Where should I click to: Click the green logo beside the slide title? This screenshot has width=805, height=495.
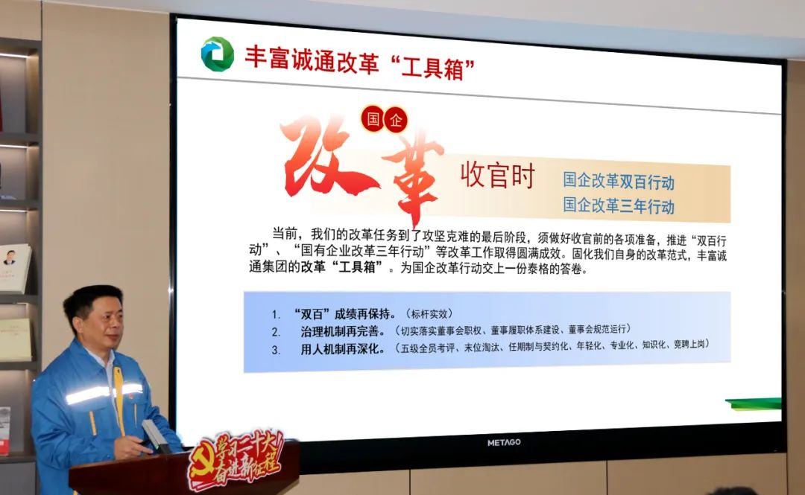pos(218,54)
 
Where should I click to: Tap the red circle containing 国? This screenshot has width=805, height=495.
pos(373,119)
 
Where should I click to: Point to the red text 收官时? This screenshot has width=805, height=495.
pos(497,175)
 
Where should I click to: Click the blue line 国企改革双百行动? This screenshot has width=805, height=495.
pos(619,181)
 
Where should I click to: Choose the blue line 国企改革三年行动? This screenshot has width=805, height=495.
pos(619,205)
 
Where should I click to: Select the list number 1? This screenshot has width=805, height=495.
pos(277,314)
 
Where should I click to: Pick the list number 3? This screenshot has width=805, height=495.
pos(277,350)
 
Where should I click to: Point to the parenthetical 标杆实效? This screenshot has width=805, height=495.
pos(429,314)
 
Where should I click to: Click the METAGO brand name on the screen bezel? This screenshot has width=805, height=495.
pos(504,442)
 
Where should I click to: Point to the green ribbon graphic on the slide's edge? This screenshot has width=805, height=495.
pos(754,403)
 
